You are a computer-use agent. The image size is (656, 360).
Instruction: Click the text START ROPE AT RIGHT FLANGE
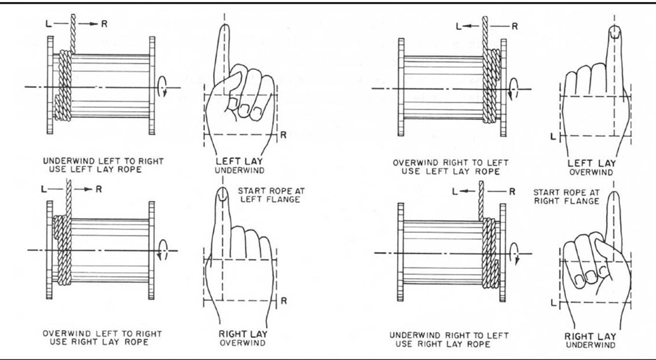click(x=566, y=197)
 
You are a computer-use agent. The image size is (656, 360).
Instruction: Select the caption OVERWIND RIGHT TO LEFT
click(x=450, y=162)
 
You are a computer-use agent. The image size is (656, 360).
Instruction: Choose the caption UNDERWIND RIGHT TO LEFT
click(x=449, y=335)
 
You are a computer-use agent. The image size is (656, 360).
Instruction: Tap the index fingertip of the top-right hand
click(x=615, y=31)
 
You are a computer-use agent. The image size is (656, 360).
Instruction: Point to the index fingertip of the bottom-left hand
click(x=222, y=194)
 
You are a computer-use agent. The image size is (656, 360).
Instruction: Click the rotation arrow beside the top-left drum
click(x=163, y=87)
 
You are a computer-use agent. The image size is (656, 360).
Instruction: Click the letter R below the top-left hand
click(x=283, y=136)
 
